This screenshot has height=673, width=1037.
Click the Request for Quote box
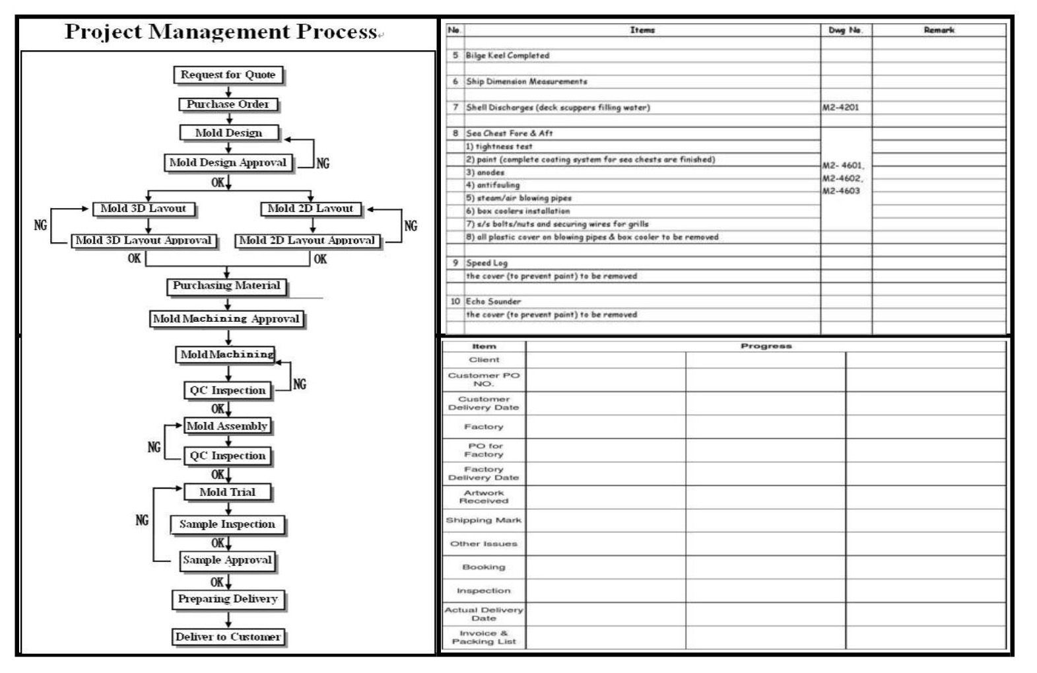(228, 75)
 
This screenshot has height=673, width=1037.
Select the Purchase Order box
(228, 104)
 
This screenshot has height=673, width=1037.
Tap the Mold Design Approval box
(228, 162)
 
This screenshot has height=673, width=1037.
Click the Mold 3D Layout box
(143, 209)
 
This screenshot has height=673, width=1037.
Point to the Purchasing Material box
(226, 286)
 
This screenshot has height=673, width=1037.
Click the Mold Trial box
(227, 492)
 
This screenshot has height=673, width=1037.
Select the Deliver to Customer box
(228, 637)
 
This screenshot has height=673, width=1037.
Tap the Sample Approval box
(227, 560)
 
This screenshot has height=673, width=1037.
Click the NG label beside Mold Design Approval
(322, 163)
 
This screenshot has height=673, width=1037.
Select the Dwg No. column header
(845, 30)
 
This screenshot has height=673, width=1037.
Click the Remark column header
(939, 30)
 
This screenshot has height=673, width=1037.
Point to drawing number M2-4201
(841, 107)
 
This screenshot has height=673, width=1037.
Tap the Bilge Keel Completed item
(507, 55)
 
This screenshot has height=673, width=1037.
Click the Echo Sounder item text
(493, 301)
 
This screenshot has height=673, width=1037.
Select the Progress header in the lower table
(766, 346)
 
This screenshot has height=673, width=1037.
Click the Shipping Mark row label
(483, 520)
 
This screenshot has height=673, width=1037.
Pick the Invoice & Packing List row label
(483, 637)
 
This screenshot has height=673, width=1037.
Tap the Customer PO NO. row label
(483, 379)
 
